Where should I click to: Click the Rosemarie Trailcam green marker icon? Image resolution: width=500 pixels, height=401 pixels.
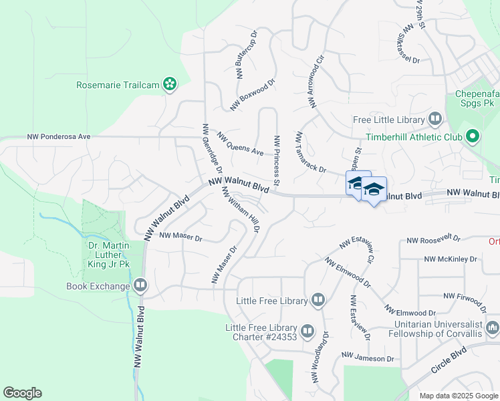[171, 84]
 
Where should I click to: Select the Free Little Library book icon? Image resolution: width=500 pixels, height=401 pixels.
[436, 120]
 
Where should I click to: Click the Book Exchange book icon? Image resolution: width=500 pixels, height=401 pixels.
[140, 286]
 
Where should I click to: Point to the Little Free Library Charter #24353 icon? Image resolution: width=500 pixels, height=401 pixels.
[307, 331]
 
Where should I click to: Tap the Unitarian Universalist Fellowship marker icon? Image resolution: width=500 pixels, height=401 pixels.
[493, 327]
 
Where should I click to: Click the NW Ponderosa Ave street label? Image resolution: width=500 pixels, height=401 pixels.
[58, 136]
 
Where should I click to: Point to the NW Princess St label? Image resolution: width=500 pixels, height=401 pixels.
[276, 160]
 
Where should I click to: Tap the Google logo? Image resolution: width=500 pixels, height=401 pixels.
[22, 393]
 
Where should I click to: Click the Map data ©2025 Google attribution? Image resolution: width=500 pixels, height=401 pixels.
[458, 396]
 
